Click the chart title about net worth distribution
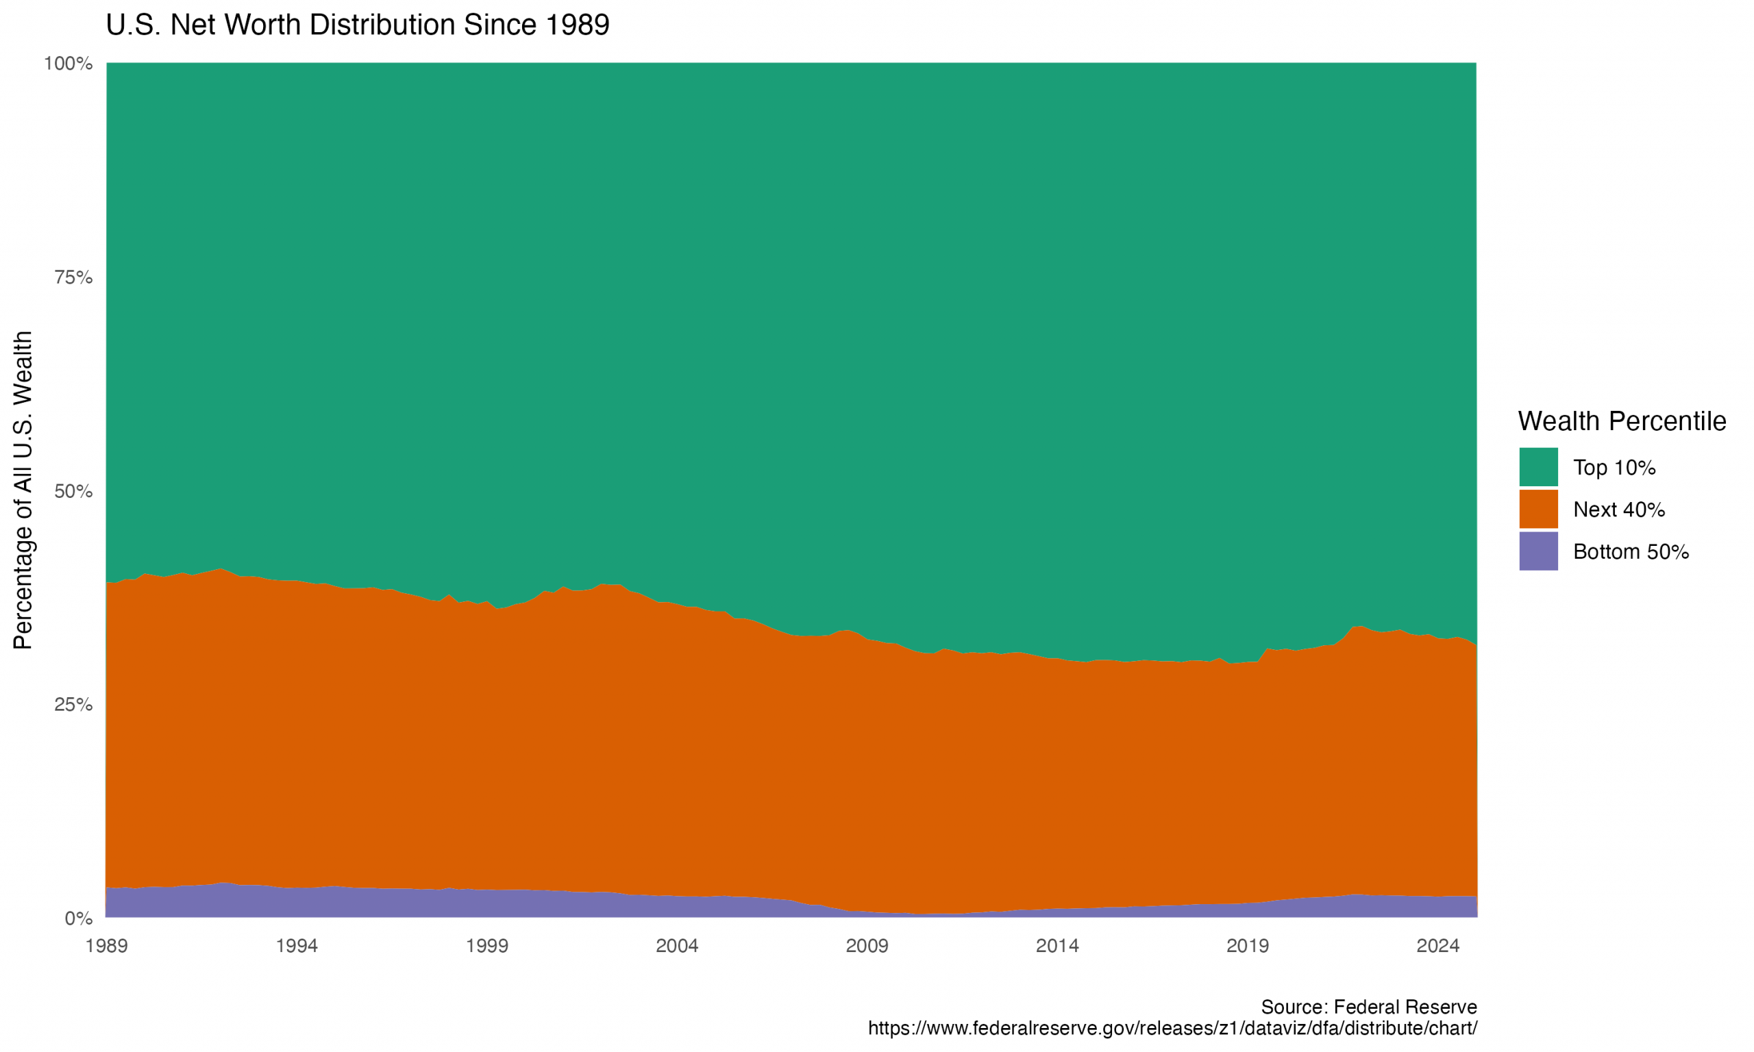[358, 25]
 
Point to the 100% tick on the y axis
[69, 64]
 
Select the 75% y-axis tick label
[74, 277]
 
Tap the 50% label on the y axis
[74, 491]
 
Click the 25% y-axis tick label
[74, 705]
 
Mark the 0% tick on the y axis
[79, 918]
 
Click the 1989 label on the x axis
[106, 946]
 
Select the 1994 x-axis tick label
[297, 946]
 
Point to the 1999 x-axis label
[487, 946]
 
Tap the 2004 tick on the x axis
[677, 946]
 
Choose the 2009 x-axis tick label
[867, 946]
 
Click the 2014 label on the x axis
[1057, 946]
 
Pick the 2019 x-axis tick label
[1248, 946]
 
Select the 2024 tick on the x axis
[1437, 946]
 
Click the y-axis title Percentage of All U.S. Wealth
[23, 490]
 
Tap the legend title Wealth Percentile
[1621, 421]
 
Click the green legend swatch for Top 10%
[1538, 467]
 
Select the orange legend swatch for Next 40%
[1538, 509]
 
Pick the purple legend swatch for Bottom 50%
[1538, 551]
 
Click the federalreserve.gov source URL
[1172, 1028]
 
